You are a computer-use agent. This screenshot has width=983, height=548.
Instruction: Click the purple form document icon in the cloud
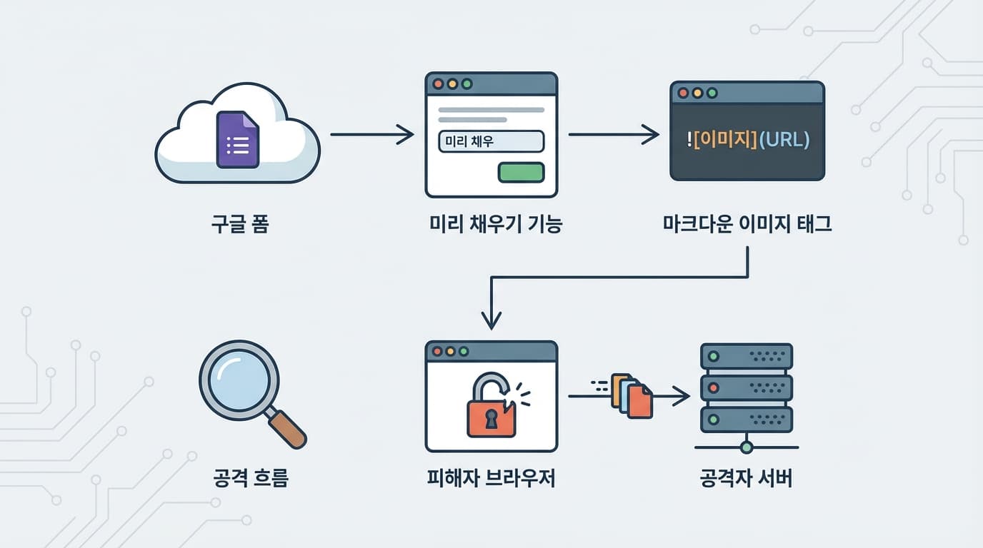tap(238, 139)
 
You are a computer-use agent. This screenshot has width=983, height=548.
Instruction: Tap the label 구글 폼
tap(240, 225)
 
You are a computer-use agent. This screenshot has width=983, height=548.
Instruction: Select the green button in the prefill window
tap(521, 172)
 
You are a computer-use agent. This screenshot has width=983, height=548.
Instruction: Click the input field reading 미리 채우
tap(491, 141)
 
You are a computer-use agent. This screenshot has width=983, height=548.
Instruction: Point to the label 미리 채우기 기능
tap(496, 225)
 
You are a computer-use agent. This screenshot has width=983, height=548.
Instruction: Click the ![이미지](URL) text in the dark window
tap(747, 140)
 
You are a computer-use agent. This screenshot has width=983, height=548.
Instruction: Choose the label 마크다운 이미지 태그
tap(747, 225)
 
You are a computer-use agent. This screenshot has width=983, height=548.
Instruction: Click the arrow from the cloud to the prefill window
tap(371, 133)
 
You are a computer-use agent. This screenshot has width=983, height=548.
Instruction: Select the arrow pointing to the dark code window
tap(613, 133)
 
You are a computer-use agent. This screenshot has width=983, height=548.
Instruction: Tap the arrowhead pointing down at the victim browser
tap(491, 321)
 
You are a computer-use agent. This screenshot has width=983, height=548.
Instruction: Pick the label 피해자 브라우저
tap(491, 478)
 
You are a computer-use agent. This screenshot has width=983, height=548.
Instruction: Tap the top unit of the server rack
tap(747, 356)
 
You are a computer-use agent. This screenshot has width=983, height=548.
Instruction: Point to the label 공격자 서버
tap(747, 478)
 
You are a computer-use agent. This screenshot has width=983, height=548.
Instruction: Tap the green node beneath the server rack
tap(747, 447)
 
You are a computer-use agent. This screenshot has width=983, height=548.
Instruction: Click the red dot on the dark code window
tap(683, 93)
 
